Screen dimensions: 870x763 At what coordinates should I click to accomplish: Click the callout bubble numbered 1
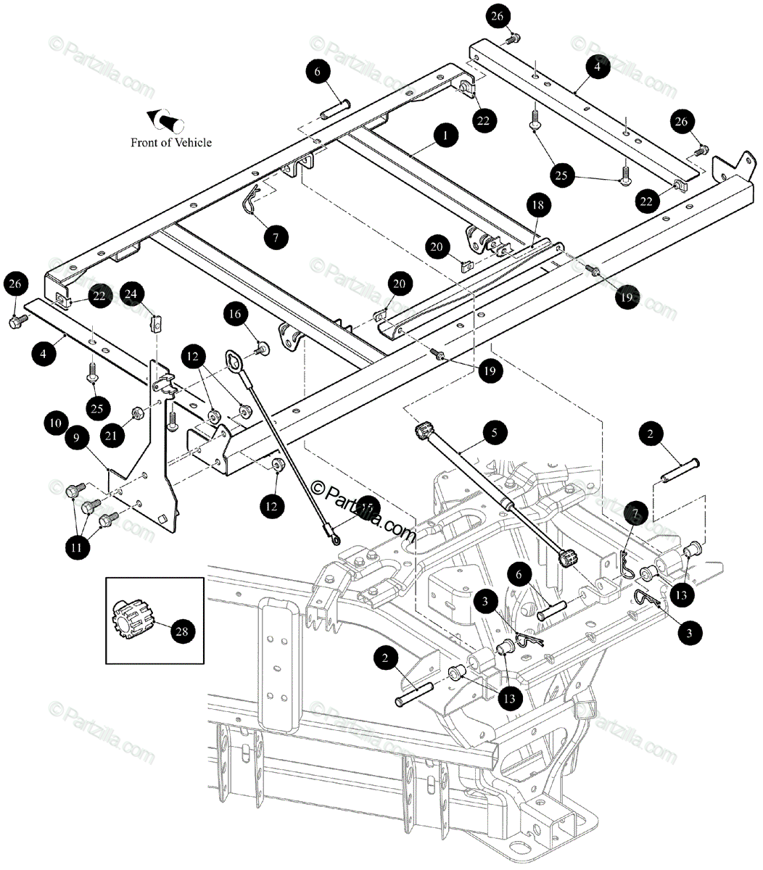[x=446, y=136]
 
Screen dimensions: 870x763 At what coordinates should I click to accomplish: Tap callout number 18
[x=537, y=205]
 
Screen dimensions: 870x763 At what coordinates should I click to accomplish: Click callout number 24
[x=130, y=294]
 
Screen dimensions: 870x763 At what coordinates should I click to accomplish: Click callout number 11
[x=76, y=548]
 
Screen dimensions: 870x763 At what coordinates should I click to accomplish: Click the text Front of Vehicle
[x=171, y=143]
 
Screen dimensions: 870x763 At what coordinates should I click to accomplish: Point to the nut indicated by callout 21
[x=134, y=415]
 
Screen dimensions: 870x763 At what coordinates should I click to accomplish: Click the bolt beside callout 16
[x=262, y=351]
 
